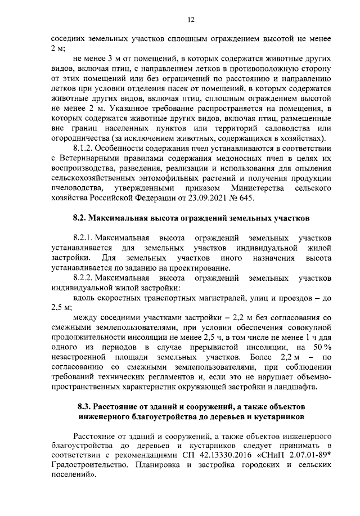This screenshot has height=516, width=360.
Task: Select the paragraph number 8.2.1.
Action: [84, 237]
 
